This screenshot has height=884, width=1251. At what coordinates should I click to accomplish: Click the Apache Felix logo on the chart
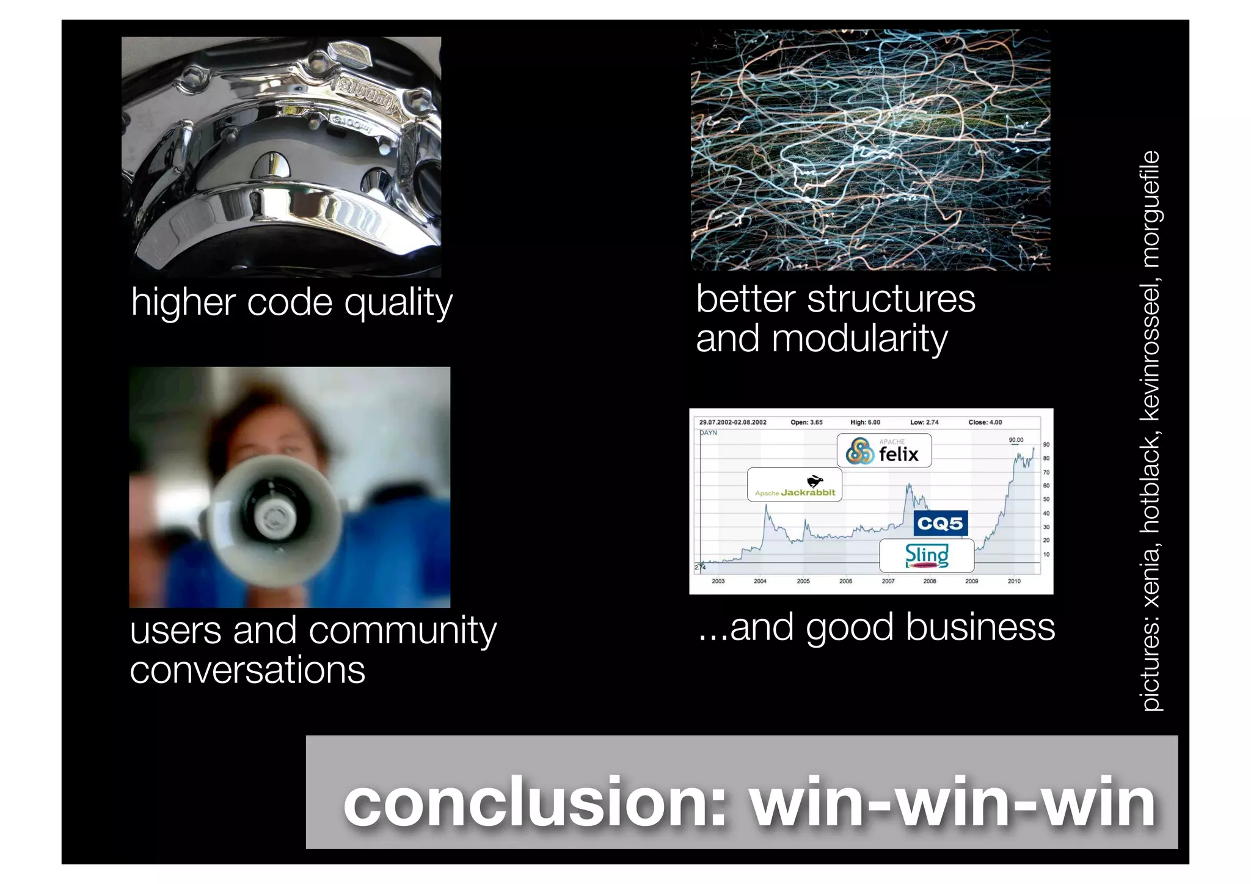(x=884, y=451)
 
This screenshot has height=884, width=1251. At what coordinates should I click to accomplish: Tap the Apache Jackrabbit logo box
(x=794, y=485)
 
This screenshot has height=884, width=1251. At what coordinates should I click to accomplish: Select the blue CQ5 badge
(x=940, y=524)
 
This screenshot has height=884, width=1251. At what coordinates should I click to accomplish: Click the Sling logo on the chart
(x=927, y=555)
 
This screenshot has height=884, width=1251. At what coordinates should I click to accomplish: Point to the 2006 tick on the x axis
(x=845, y=581)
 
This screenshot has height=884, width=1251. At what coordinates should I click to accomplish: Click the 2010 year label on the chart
(x=1014, y=581)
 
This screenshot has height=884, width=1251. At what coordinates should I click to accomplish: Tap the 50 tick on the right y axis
(x=1046, y=500)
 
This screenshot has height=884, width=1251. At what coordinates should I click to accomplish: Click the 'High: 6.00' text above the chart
(x=865, y=422)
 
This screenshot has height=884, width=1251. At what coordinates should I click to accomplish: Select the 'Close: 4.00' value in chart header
(x=985, y=422)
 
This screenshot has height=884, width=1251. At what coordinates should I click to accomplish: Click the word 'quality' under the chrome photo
(x=398, y=304)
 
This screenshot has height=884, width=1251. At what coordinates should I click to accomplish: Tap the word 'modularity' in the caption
(x=859, y=340)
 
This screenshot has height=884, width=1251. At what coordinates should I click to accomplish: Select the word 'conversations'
(x=247, y=671)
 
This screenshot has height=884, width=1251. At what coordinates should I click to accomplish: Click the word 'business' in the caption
(x=980, y=628)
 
